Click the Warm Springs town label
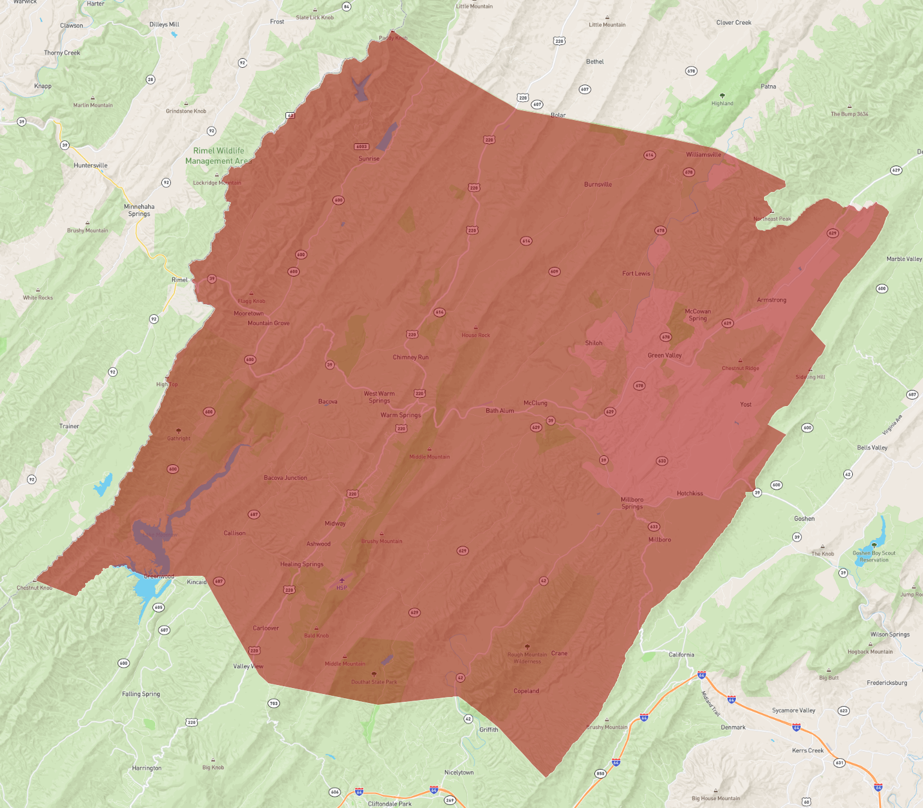coord(401,415)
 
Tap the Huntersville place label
coord(91,166)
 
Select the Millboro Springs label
coord(632,503)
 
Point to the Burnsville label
coord(598,185)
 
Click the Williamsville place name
coord(703,155)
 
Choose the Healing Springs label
coord(302,564)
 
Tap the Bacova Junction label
coord(285,478)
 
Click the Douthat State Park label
coord(374,682)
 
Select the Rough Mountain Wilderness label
coord(527,658)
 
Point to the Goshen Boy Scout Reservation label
coord(874,557)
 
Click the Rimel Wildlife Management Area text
coord(218,156)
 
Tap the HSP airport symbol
coord(342,581)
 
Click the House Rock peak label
coord(476,335)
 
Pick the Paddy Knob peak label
coord(393,38)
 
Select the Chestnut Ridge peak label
coord(740,368)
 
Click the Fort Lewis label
coord(636,274)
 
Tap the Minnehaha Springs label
coord(139,211)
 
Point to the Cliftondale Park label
coord(390,804)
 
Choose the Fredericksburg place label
coord(886,683)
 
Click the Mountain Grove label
coord(269,323)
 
